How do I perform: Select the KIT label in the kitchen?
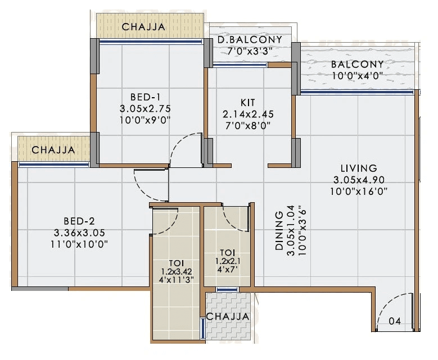click(247, 102)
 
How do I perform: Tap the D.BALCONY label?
click(249, 40)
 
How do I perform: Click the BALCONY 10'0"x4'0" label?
click(357, 64)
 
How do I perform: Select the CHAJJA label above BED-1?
click(143, 26)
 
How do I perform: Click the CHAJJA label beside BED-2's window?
click(53, 150)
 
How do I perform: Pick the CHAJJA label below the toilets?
click(227, 317)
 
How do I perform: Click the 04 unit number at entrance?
click(395, 321)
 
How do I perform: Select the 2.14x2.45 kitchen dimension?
click(248, 114)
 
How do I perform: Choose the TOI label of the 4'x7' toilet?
click(227, 252)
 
